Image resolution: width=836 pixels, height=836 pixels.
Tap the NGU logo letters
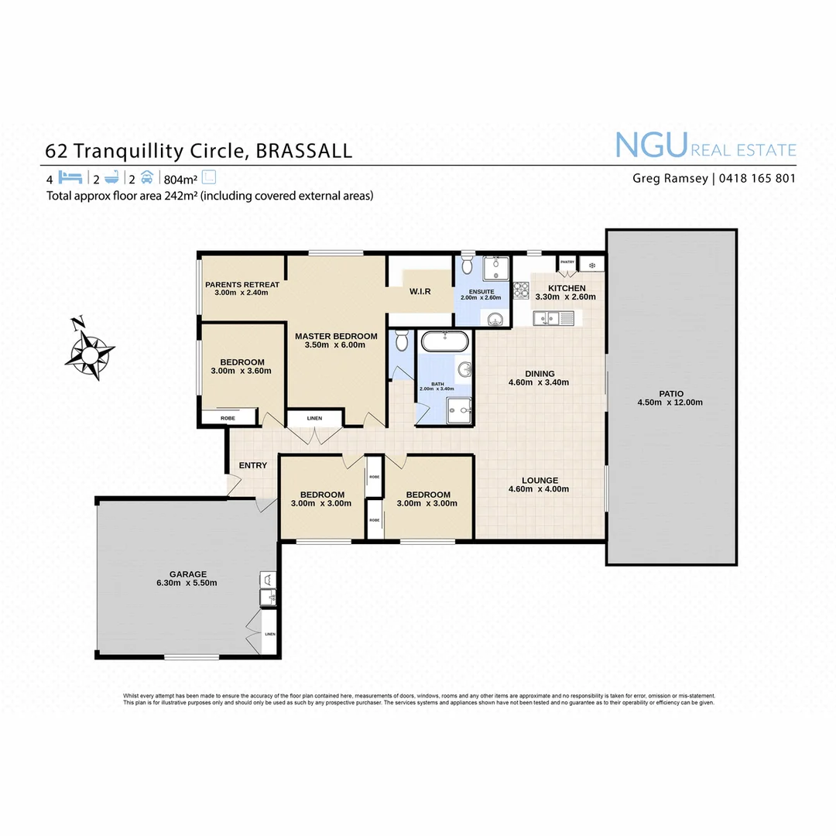coord(651,146)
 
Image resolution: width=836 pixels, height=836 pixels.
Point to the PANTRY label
coord(567,262)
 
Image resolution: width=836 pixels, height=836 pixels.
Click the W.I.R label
coord(420,291)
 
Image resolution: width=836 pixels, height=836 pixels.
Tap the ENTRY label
coord(253,465)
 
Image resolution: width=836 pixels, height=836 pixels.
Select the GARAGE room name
coord(188,574)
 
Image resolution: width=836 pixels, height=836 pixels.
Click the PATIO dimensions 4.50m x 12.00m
coord(670,403)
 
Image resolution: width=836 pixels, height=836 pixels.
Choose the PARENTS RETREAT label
coord(242,285)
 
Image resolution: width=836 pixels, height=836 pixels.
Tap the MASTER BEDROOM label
coord(336,336)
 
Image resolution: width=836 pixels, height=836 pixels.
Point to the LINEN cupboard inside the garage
coord(269,633)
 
